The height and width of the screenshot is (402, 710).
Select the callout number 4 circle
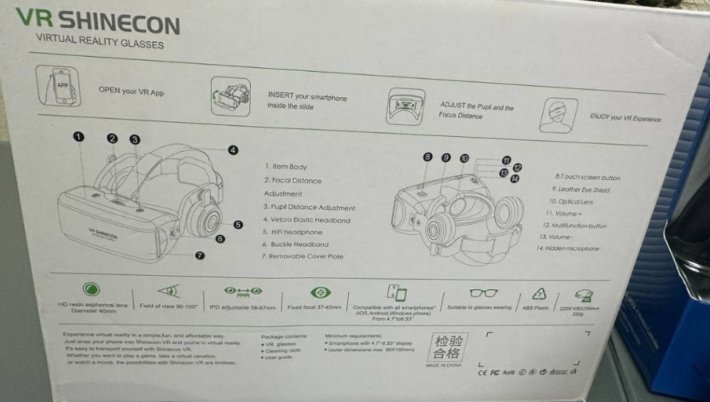pyautogui.click(x=233, y=150)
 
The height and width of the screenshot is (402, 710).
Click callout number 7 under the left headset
pyautogui.click(x=200, y=255)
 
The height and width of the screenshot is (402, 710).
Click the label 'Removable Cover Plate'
pyautogui.click(x=302, y=256)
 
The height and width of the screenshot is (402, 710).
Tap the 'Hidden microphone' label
pyautogui.click(x=568, y=249)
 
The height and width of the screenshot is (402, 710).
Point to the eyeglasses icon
pyautogui.click(x=483, y=292)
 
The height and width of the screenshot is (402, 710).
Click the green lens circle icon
pyautogui.click(x=92, y=289)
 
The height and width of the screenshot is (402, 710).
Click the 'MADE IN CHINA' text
pyautogui.click(x=443, y=365)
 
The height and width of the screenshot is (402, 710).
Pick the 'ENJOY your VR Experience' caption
pyautogui.click(x=625, y=118)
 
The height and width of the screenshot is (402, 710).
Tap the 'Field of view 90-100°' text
pyautogui.click(x=168, y=305)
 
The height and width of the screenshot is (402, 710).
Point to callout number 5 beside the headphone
pyautogui.click(x=239, y=225)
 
